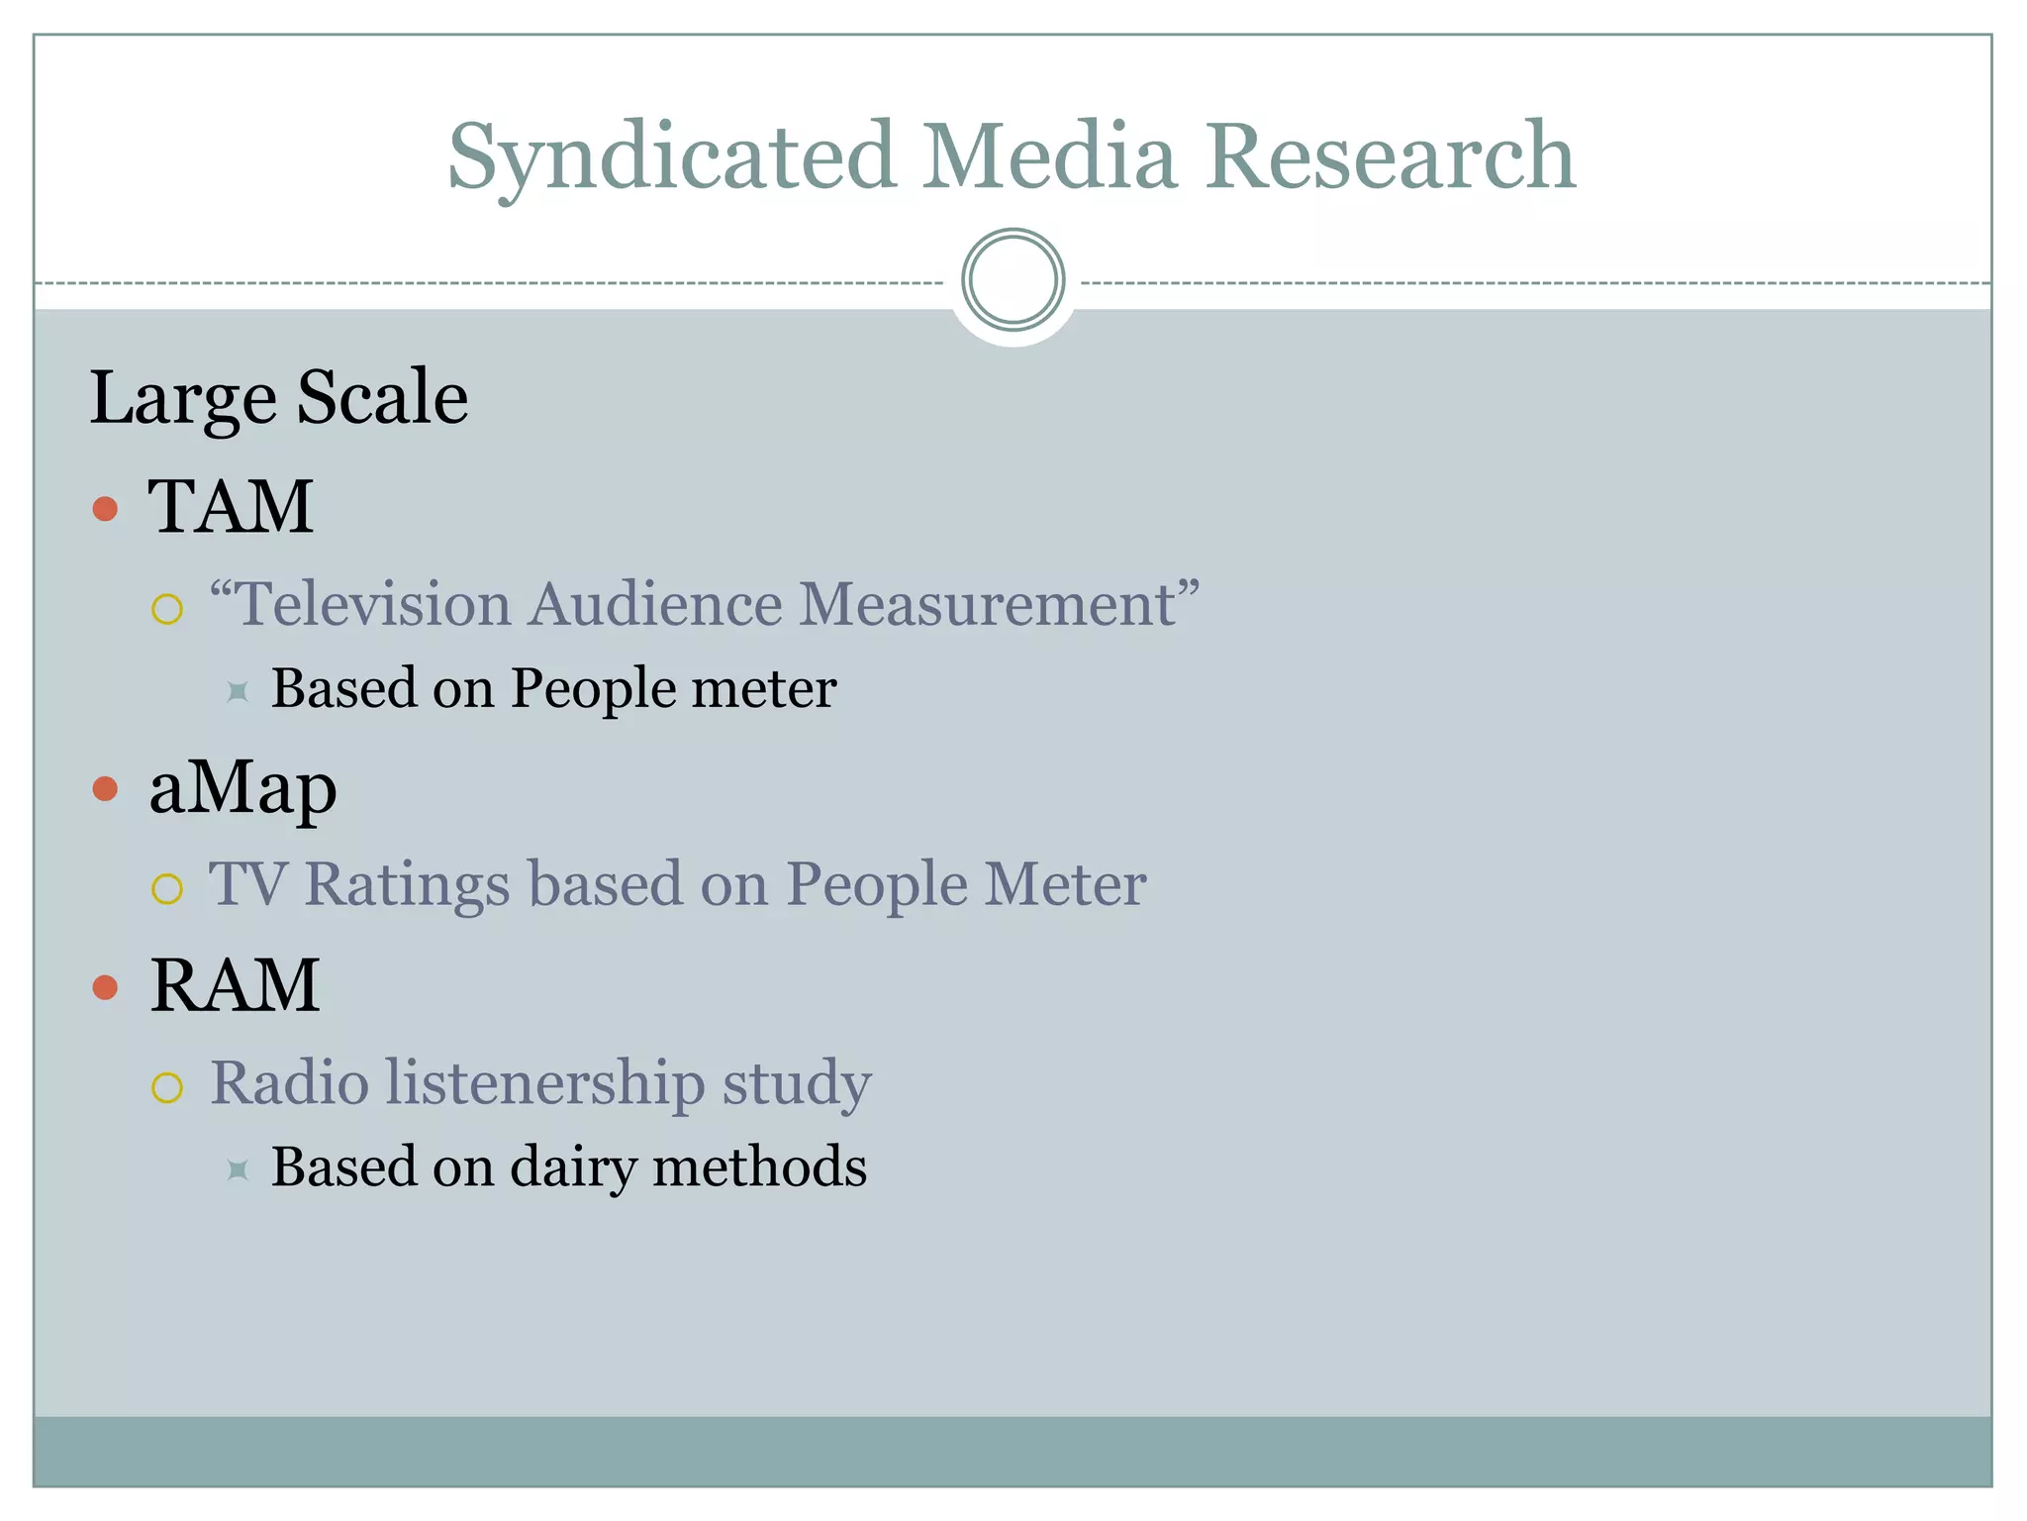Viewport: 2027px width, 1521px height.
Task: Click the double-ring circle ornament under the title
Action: (x=1013, y=280)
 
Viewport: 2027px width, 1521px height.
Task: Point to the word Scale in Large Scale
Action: (x=382, y=397)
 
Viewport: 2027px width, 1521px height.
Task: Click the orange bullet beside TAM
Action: (x=105, y=509)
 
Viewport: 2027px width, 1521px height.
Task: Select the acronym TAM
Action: (x=231, y=507)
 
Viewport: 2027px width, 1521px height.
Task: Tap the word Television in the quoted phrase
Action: (x=374, y=604)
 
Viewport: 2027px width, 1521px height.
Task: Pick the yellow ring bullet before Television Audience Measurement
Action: (x=167, y=609)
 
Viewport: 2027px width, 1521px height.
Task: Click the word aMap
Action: (x=242, y=789)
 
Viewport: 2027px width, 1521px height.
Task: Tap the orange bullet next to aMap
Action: (x=105, y=789)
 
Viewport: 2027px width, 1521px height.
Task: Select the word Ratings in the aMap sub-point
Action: (x=407, y=883)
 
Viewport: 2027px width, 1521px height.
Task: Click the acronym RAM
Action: (x=235, y=986)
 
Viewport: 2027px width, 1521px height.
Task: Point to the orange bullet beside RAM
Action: (x=105, y=987)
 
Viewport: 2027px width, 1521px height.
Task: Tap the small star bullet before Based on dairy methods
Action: (x=237, y=1169)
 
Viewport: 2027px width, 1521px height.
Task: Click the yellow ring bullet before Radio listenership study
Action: (x=167, y=1087)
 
